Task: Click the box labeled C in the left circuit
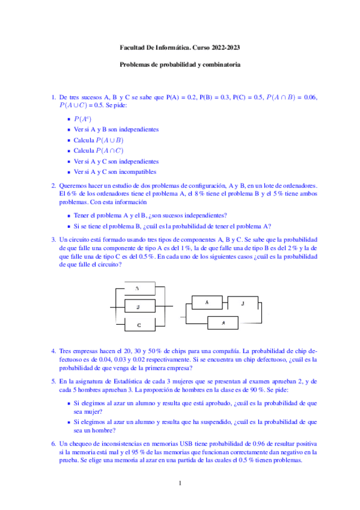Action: point(138,325)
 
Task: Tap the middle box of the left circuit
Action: point(138,307)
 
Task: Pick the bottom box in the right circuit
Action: point(224,323)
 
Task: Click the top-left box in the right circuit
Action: point(207,302)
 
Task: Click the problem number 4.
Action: point(53,350)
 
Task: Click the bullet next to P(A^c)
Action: point(69,119)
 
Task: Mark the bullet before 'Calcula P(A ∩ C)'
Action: point(69,151)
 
